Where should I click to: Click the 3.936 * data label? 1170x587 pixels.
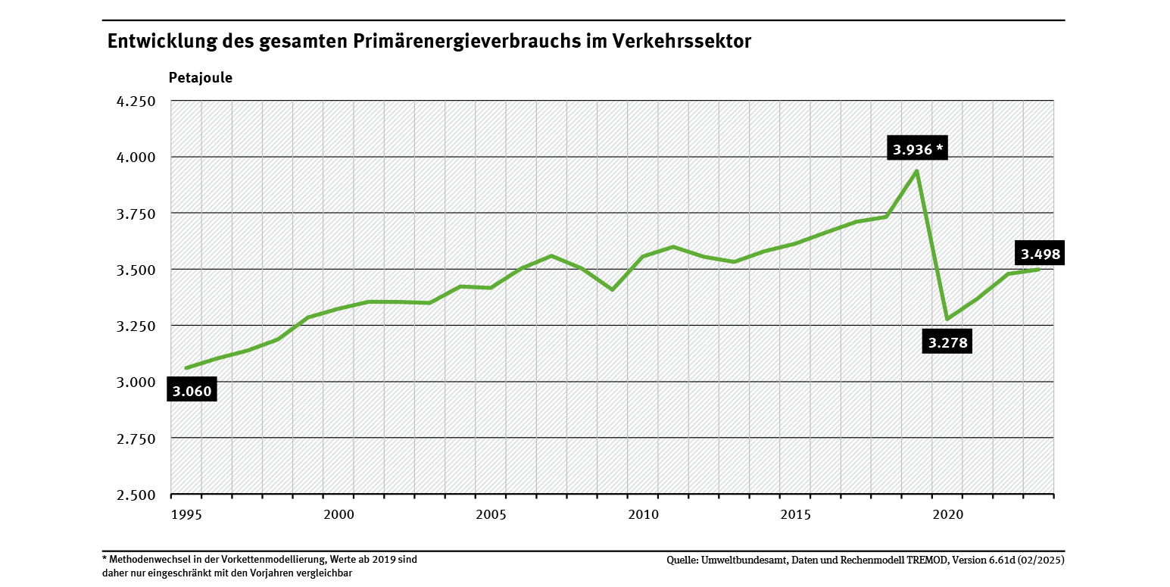click(917, 149)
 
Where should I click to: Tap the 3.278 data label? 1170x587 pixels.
click(947, 342)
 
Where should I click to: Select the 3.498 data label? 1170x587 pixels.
click(1040, 254)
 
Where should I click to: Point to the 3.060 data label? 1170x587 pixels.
click(192, 391)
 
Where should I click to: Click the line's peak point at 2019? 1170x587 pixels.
click(917, 171)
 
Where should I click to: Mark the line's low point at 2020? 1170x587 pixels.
click(947, 319)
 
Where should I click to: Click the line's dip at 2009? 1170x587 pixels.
click(612, 289)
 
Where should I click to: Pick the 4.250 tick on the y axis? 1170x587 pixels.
click(134, 101)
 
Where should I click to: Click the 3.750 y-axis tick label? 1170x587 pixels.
click(134, 214)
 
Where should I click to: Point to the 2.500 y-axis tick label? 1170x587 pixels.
click(134, 495)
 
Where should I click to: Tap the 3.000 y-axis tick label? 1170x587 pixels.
click(134, 382)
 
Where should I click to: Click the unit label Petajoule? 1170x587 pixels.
click(200, 77)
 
